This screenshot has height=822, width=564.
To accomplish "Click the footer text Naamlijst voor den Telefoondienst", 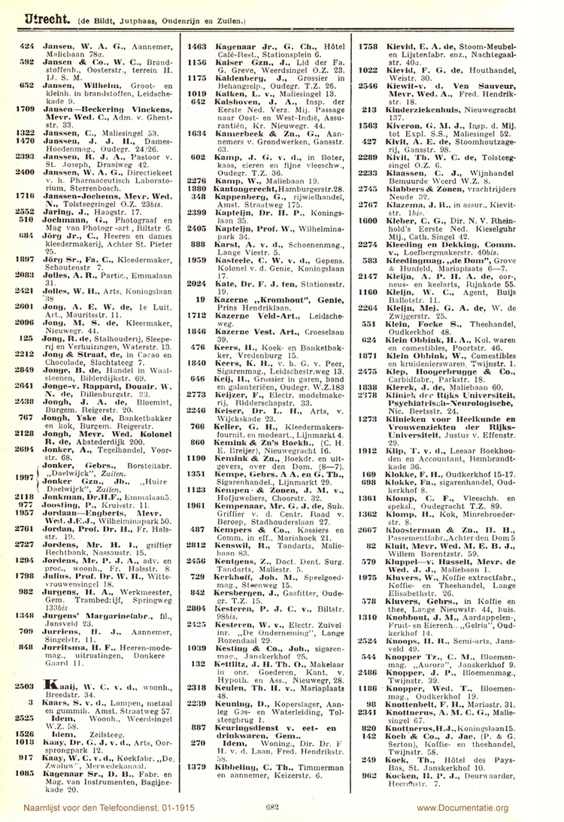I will pyautogui.click(x=82, y=807).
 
